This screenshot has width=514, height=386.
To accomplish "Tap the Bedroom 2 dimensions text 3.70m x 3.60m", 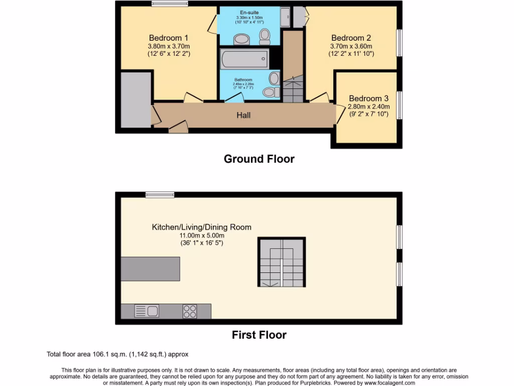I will [351, 46].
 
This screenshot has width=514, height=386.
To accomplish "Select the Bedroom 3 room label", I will [369, 99].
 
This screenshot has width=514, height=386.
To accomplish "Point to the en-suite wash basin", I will [241, 40].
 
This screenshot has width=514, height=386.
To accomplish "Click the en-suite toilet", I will [265, 35].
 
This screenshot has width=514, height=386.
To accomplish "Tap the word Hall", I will [244, 115].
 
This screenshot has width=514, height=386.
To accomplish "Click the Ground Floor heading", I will [259, 159].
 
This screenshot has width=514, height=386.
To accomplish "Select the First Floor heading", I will [259, 335].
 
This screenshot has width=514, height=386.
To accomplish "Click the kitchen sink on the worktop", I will [147, 311].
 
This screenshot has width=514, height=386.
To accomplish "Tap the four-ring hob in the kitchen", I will [190, 312].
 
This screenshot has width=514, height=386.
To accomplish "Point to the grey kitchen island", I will [150, 269].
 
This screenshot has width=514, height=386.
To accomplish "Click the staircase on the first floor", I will [282, 262].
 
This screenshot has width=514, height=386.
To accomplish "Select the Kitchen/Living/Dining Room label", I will [202, 227].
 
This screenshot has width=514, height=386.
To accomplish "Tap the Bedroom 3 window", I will [400, 105].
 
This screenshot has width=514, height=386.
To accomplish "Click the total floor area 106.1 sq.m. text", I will [117, 354].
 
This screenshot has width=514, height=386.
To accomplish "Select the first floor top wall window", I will [160, 195].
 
